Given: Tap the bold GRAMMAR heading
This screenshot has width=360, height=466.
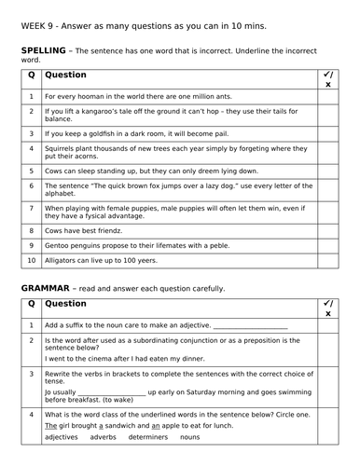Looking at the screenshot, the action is coord(46,289).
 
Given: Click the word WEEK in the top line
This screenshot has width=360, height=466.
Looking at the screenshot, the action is coord(31,26).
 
